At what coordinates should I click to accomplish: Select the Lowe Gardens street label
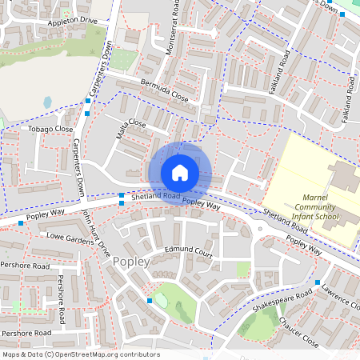(x=69, y=238)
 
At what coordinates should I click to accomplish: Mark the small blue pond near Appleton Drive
(x=48, y=102)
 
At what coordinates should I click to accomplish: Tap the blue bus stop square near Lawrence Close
(x=318, y=282)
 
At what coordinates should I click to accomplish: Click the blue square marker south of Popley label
(x=150, y=300)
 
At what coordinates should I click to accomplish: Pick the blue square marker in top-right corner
(x=342, y=14)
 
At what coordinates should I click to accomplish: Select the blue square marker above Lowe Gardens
(x=21, y=223)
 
